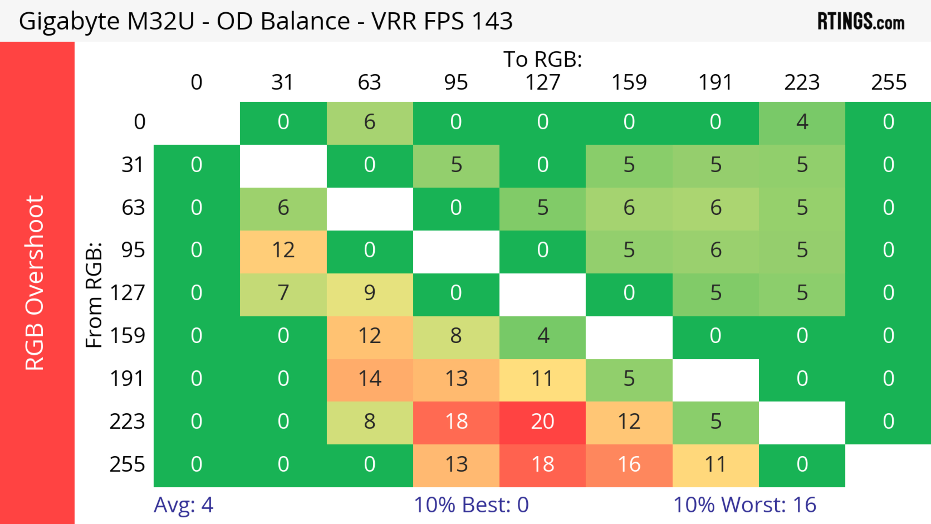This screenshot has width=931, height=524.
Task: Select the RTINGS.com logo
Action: [x=861, y=21]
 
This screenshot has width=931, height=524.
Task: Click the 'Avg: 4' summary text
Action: [x=184, y=505]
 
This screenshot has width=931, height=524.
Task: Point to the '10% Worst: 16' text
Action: [x=745, y=505]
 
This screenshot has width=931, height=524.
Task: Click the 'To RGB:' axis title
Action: [x=543, y=59]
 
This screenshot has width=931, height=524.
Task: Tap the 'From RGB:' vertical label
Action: [x=94, y=295]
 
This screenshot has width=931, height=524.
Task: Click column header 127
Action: [x=543, y=82]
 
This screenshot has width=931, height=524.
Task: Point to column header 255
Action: [x=888, y=82]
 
